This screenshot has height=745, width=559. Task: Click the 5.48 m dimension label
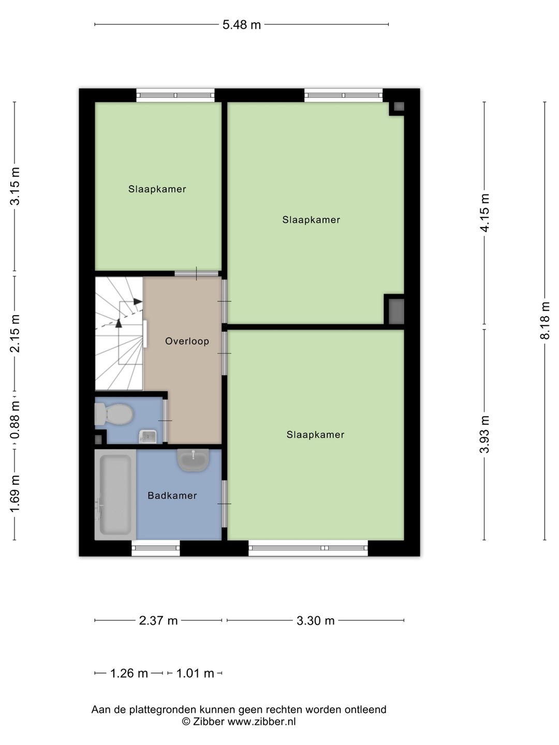click(241, 25)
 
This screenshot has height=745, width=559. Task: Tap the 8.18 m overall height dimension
click(545, 320)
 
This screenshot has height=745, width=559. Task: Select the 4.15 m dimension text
click(484, 213)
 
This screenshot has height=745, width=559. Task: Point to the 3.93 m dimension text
click(484, 434)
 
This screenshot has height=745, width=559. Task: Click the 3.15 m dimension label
click(15, 186)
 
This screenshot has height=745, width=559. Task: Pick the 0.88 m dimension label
click(15, 420)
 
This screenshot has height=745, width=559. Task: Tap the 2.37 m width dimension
click(158, 620)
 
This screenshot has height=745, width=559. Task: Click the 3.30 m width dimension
click(315, 620)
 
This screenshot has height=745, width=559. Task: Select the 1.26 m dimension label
click(129, 673)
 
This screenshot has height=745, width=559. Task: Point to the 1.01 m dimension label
click(195, 673)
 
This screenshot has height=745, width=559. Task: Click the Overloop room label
click(187, 341)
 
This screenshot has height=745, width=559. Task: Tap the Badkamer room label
click(172, 496)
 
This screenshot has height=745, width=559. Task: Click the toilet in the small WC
click(113, 414)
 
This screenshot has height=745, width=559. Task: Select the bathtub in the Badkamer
click(115, 495)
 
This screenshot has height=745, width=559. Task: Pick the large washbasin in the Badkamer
click(193, 460)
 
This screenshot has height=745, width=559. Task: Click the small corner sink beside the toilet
click(148, 437)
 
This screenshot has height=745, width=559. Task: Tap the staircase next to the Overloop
click(119, 333)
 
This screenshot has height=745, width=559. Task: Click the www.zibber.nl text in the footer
click(261, 721)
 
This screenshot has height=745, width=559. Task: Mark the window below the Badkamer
click(155, 548)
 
